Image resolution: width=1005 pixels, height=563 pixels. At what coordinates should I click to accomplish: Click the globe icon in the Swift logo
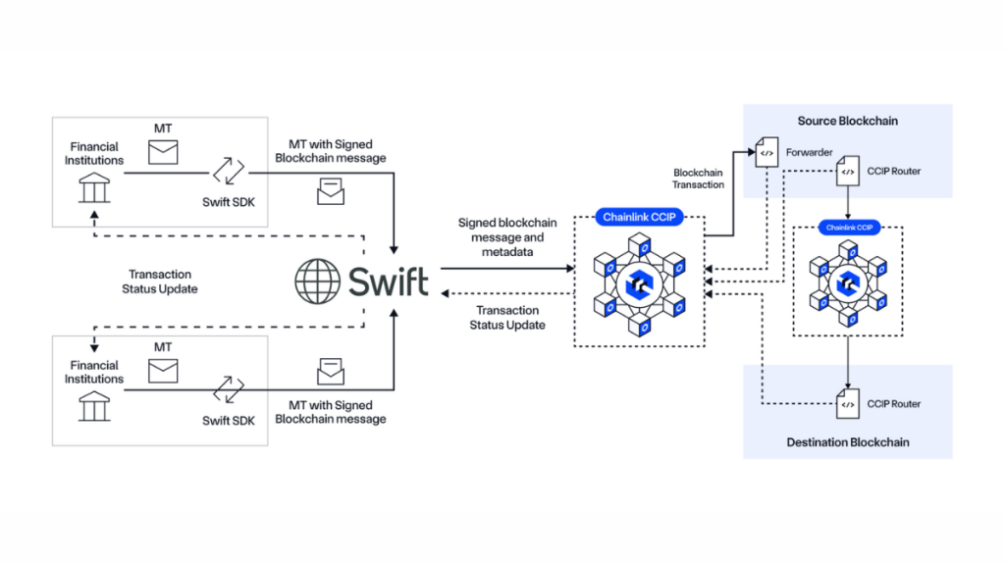click(x=317, y=281)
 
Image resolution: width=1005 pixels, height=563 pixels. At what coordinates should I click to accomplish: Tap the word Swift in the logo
click(x=389, y=281)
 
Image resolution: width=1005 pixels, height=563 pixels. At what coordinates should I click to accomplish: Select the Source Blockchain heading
click(x=847, y=121)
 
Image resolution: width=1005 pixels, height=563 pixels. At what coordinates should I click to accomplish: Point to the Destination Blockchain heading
click(x=847, y=442)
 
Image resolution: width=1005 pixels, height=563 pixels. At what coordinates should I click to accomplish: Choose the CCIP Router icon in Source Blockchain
click(x=847, y=172)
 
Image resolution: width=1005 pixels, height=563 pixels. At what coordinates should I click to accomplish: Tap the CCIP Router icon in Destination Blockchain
click(x=847, y=403)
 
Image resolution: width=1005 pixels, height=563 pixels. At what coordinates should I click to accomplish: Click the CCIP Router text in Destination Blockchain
click(x=894, y=403)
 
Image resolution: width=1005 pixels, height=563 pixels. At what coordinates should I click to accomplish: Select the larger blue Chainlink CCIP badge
click(x=638, y=217)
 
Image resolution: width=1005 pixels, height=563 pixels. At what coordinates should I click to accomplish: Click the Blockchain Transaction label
click(x=699, y=179)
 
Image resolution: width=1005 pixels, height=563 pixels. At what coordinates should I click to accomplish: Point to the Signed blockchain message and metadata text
click(x=507, y=236)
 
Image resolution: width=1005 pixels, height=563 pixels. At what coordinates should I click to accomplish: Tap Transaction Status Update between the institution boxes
click(x=160, y=281)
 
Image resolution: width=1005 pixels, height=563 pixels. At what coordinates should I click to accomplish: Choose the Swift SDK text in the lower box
click(x=228, y=420)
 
